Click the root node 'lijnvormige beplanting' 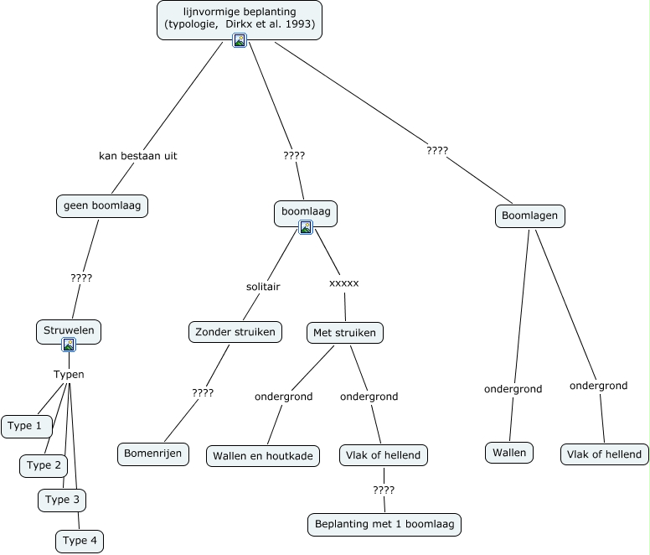[x=240, y=18]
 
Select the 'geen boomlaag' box [x=101, y=205]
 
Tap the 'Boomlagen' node [x=529, y=216]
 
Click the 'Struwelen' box [x=69, y=330]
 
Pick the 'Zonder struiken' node [x=235, y=332]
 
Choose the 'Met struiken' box [x=345, y=332]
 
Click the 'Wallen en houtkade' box [x=263, y=455]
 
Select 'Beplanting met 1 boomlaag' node [x=384, y=525]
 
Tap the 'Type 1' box [x=25, y=426]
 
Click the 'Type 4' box [x=80, y=541]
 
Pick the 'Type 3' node [x=62, y=500]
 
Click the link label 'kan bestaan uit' [x=137, y=156]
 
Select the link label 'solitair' [x=263, y=287]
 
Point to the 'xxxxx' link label [x=343, y=283]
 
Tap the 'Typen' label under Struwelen [x=69, y=375]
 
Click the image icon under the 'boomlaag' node [x=306, y=227]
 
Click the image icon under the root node [x=240, y=40]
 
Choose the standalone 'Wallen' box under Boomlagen [x=508, y=453]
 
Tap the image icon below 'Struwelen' [x=69, y=345]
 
